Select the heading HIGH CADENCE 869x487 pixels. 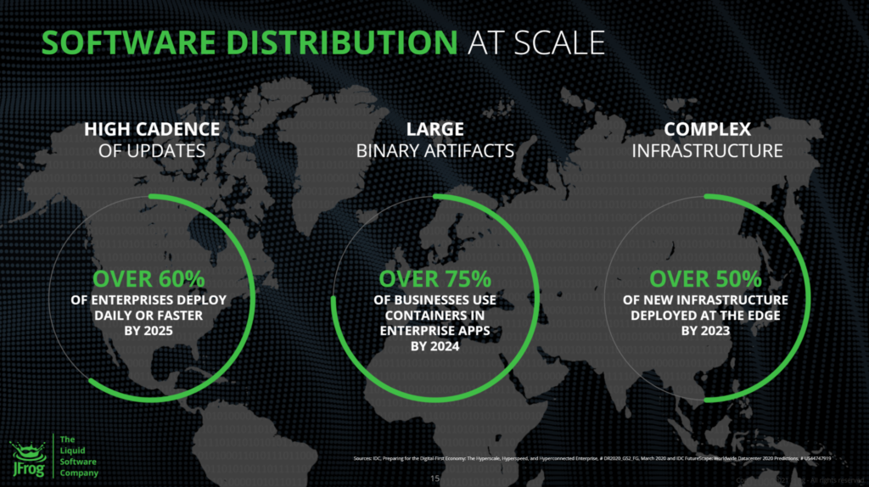click(152, 130)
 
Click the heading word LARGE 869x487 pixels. click(434, 130)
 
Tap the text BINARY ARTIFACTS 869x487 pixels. click(434, 151)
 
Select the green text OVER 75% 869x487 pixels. click(434, 278)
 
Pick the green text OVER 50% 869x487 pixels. click(706, 278)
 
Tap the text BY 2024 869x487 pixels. click(434, 346)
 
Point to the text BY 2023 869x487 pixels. click(706, 331)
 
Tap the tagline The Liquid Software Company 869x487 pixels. click(78, 456)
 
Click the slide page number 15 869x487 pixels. click(434, 478)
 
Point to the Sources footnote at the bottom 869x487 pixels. click(591, 459)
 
